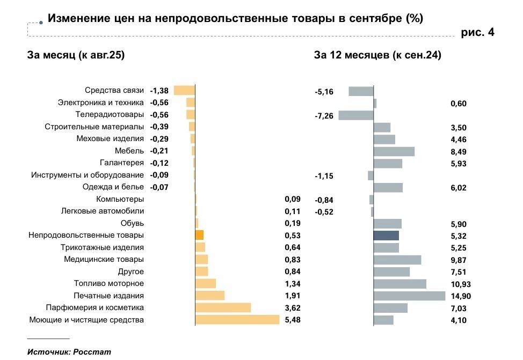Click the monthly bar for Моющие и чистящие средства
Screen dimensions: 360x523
click(x=237, y=320)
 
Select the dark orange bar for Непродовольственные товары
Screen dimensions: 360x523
click(x=199, y=235)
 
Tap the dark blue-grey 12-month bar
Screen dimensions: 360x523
click(x=386, y=236)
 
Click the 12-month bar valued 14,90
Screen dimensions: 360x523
click(x=409, y=296)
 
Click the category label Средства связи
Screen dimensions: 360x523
click(x=114, y=91)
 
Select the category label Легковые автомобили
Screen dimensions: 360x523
click(x=110, y=211)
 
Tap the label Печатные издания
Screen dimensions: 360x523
click(x=109, y=296)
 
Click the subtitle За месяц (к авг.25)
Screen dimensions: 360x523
click(x=76, y=55)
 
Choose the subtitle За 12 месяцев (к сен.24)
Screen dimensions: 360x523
click(x=377, y=55)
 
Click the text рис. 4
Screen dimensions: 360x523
click(x=477, y=33)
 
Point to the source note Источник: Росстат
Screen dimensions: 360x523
click(x=69, y=352)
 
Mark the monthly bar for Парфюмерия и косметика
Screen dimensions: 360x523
click(x=223, y=307)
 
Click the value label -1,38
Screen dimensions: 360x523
click(x=159, y=91)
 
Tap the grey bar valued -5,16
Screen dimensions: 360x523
click(x=361, y=91)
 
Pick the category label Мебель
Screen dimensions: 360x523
click(x=129, y=151)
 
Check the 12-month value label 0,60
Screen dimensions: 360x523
click(x=459, y=104)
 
